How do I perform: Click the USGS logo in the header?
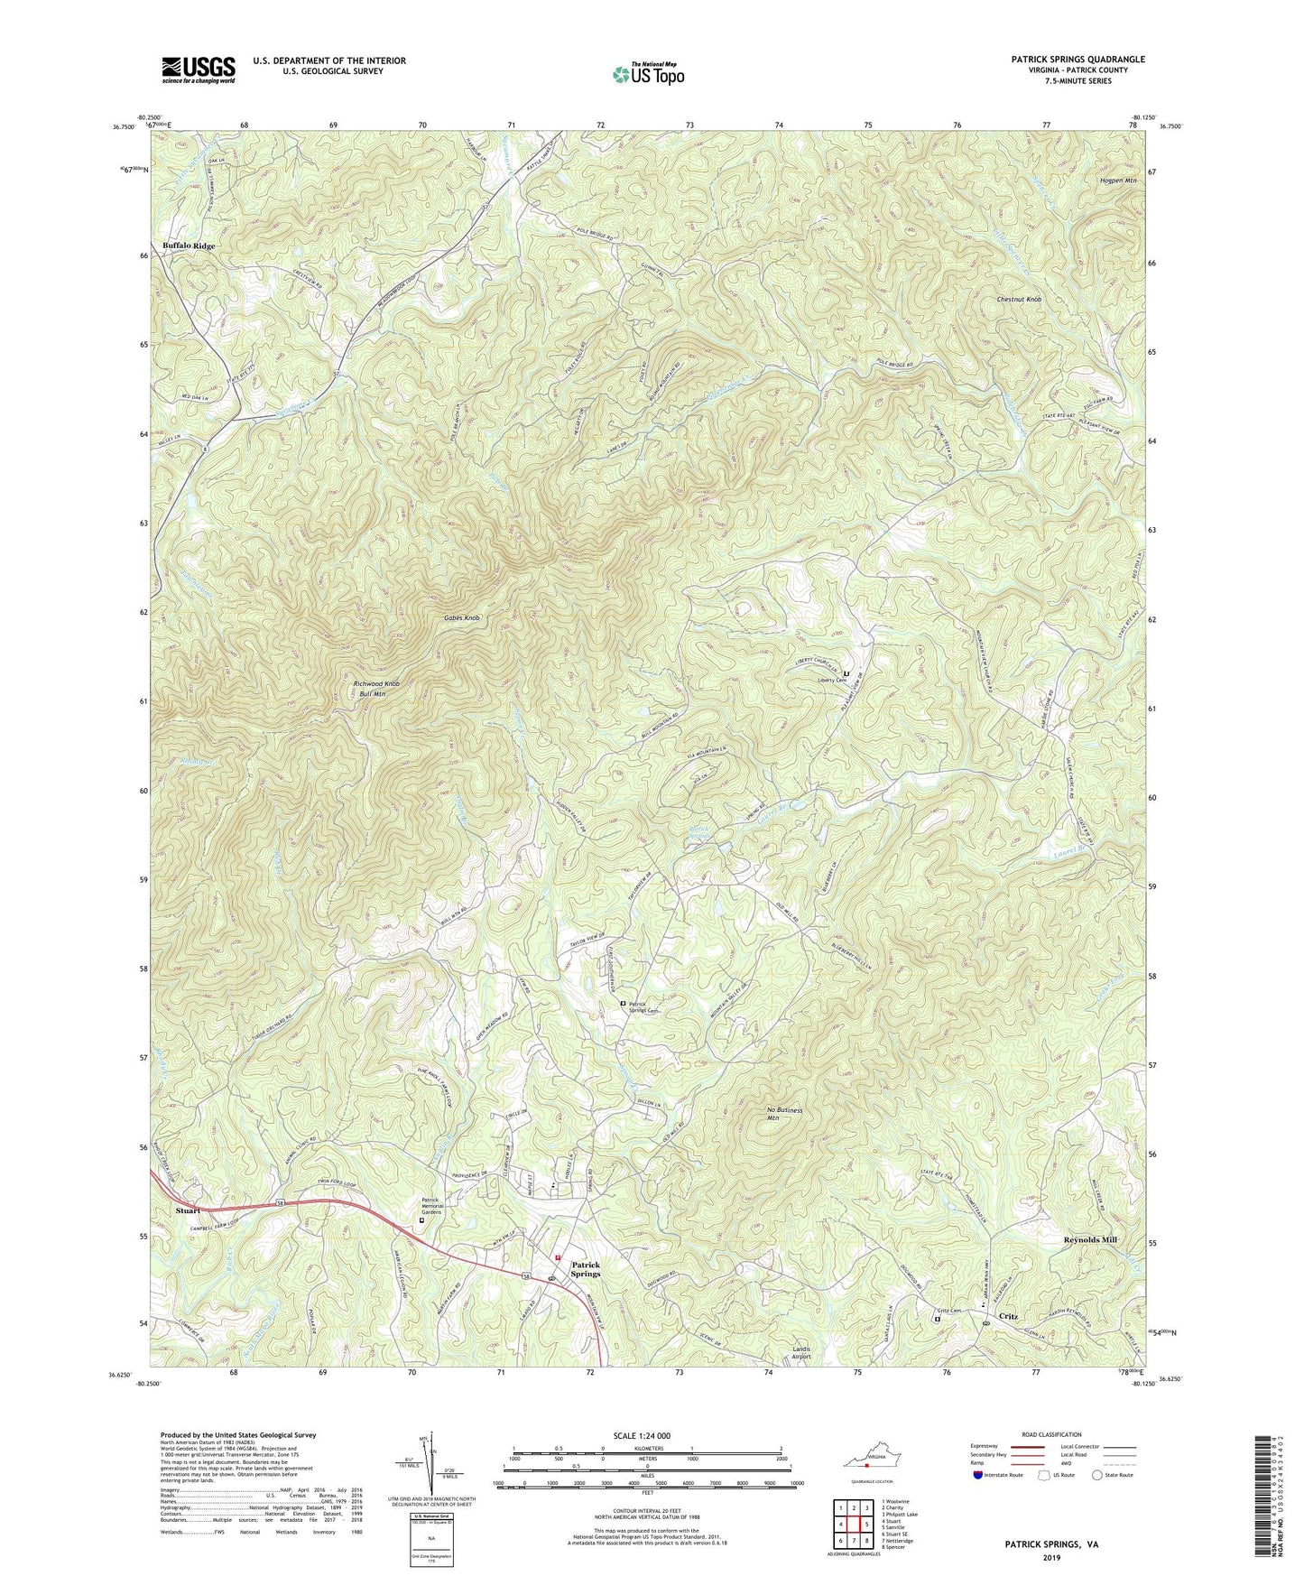[199, 70]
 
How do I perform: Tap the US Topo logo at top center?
[647, 74]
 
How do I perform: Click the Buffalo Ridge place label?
[189, 246]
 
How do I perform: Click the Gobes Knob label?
[461, 618]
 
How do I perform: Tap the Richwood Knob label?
[375, 684]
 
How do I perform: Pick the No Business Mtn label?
[784, 1114]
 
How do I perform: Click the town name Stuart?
[189, 1210]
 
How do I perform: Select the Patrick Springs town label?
[585, 1269]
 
